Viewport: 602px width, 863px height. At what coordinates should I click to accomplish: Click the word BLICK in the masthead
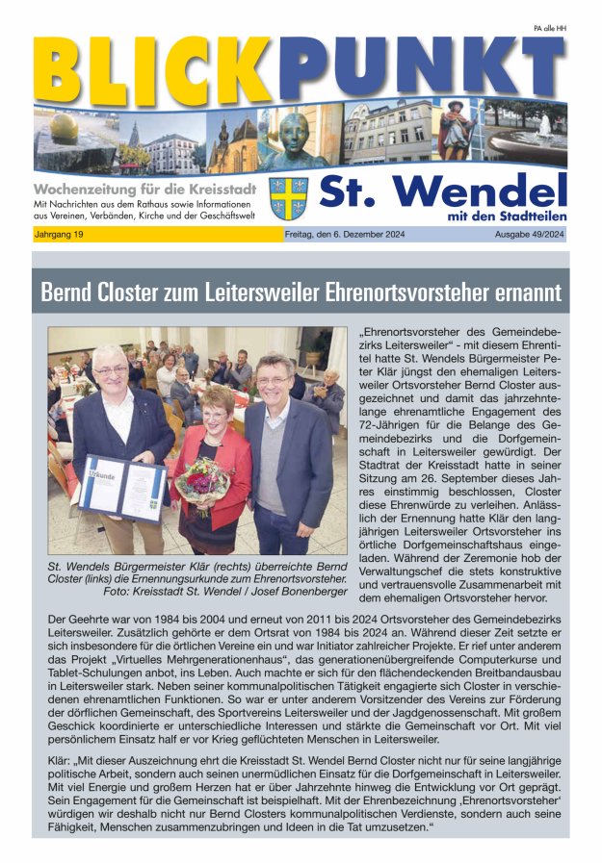(154, 73)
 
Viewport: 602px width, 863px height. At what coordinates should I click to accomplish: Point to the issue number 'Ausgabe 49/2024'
(529, 235)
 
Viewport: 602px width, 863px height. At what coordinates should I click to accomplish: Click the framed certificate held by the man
(122, 486)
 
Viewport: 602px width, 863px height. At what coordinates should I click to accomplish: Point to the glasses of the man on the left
(111, 369)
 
